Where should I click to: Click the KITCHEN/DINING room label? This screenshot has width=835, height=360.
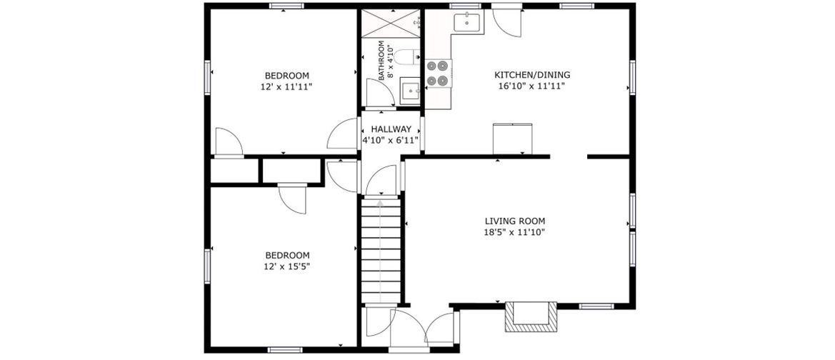[524, 74]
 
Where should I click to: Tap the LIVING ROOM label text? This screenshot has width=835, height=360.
[515, 221]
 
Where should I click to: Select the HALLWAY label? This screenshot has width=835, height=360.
[391, 129]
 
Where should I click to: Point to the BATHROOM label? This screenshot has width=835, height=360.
[382, 61]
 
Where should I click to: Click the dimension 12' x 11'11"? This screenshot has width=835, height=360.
[286, 86]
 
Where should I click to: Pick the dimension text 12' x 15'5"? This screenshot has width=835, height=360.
[288, 266]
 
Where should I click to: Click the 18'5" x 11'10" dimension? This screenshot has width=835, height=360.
[515, 231]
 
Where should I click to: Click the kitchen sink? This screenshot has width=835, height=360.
[467, 23]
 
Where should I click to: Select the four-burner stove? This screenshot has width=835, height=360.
[439, 74]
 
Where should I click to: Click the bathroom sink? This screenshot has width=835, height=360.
[411, 91]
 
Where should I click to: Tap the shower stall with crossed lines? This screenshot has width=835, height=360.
[391, 24]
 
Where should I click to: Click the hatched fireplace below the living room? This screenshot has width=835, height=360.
[531, 317]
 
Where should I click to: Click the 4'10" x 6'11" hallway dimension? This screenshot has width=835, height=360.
[391, 140]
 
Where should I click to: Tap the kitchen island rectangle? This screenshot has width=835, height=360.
[513, 139]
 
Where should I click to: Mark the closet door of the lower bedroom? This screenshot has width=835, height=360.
[292, 198]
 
